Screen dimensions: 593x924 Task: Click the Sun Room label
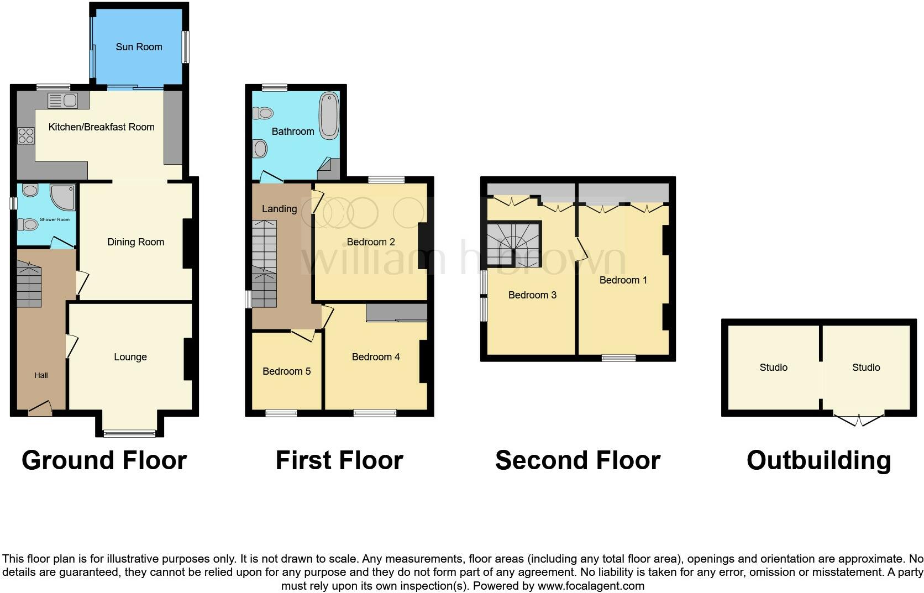coord(139,47)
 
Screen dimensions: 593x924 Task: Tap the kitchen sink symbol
coord(62,101)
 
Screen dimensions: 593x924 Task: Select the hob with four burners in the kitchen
coord(25,136)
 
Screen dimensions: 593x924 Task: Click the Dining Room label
coord(135,242)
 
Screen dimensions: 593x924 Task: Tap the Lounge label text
coord(130,357)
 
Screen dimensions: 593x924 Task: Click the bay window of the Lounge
coord(130,433)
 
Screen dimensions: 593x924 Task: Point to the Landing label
coord(279,209)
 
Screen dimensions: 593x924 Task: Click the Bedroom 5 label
coord(286,371)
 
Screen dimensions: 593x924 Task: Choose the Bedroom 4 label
coord(376,357)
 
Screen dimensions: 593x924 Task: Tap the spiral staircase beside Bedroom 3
coord(513,244)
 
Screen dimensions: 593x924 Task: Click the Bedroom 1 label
coord(623,280)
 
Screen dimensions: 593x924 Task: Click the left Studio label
coord(773,368)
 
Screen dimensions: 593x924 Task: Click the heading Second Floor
coord(577,460)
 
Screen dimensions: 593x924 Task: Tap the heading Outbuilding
coord(818,460)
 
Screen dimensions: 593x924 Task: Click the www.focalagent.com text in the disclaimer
coord(590,586)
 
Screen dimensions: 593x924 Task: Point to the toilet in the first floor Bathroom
coord(264,113)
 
